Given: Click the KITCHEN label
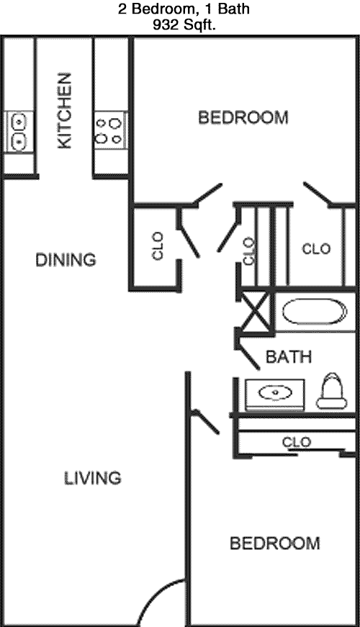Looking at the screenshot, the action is pyautogui.click(x=65, y=111).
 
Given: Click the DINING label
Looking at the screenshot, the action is pyautogui.click(x=66, y=260).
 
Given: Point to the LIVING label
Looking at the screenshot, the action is pyautogui.click(x=93, y=478).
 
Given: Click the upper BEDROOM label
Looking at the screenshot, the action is pyautogui.click(x=243, y=117).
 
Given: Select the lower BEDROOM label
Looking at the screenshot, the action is pyautogui.click(x=275, y=543).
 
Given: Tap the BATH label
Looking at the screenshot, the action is pyautogui.click(x=289, y=356).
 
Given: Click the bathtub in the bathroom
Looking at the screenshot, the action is pyautogui.click(x=315, y=312).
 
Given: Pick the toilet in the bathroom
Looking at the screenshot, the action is pyautogui.click(x=332, y=391).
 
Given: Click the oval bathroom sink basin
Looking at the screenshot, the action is pyautogui.click(x=275, y=392).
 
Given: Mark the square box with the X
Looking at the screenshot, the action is pyautogui.click(x=256, y=312).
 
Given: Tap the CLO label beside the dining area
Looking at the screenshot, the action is pyautogui.click(x=158, y=246).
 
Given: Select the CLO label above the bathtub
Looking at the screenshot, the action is pyautogui.click(x=316, y=249).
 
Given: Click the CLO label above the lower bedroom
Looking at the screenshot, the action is pyautogui.click(x=297, y=442).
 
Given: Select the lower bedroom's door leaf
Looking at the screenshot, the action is pyautogui.click(x=205, y=421).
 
